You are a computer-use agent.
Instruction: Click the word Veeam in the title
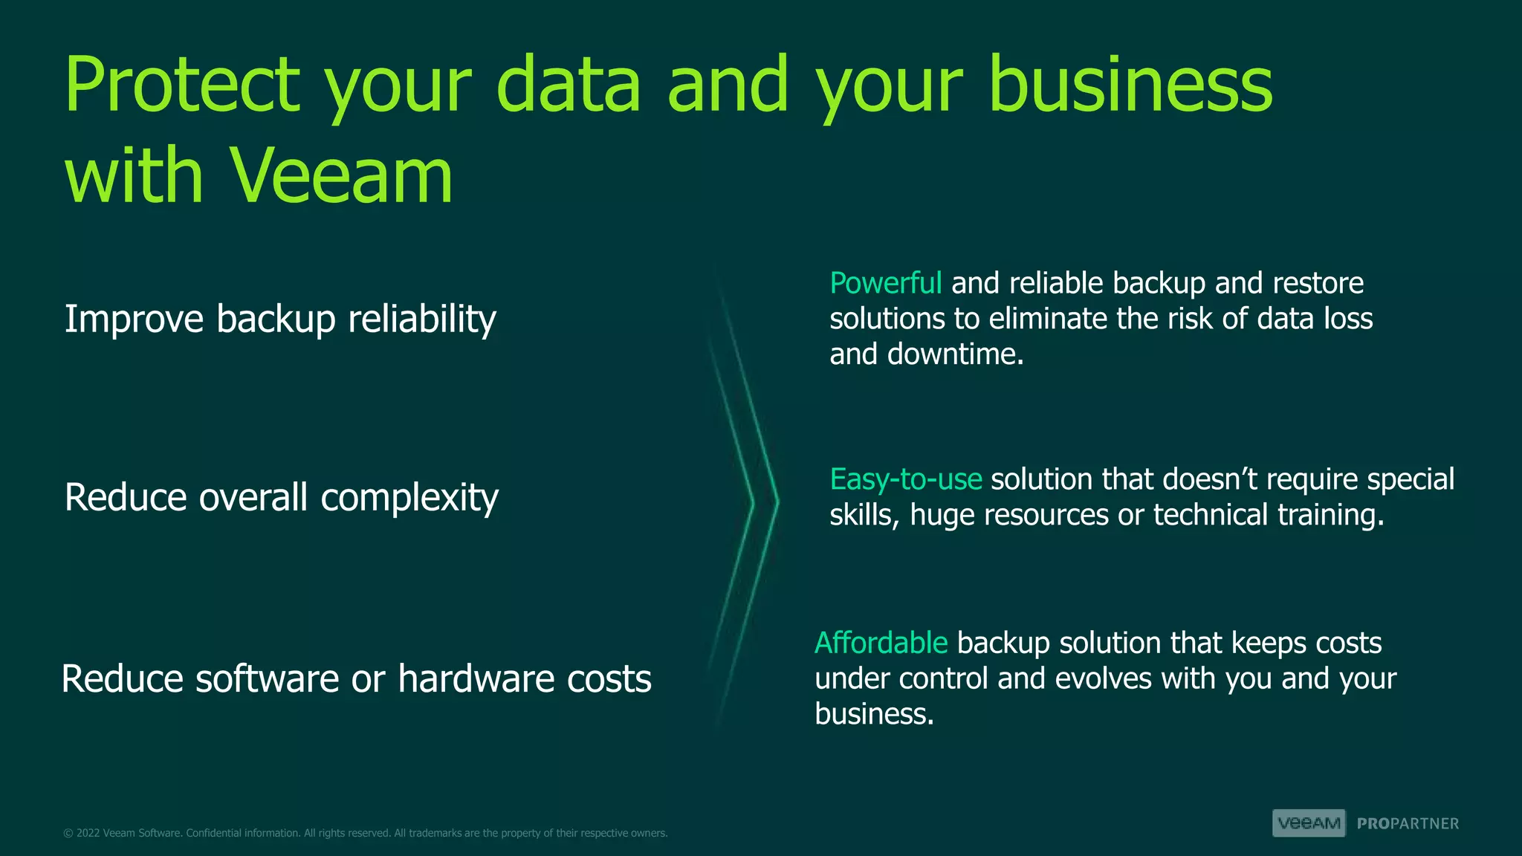pos(341,176)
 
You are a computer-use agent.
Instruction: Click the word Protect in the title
pos(182,85)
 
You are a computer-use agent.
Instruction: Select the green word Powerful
pos(885,283)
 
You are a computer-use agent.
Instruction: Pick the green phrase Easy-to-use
pos(905,479)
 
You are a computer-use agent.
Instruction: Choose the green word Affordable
pos(881,643)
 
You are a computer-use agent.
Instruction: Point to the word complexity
pos(409,498)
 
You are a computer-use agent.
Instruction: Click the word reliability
pos(421,319)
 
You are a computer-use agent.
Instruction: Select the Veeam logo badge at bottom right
pos(1309,823)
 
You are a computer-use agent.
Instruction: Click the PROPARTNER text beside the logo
pos(1408,824)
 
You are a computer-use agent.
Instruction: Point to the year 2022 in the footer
pos(88,833)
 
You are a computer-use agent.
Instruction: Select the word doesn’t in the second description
pos(1210,479)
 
